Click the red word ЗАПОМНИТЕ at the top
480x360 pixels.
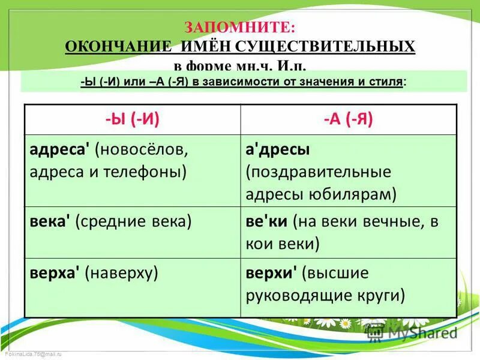pyautogui.click(x=240, y=28)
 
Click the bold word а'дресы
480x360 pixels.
pyautogui.click(x=277, y=148)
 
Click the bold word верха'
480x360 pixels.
pyautogui.click(x=56, y=273)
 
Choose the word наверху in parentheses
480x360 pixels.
pyautogui.click(x=122, y=273)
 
